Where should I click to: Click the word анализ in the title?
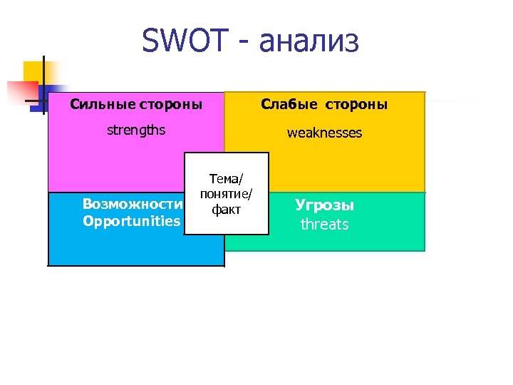[x=309, y=41]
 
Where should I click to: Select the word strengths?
[x=135, y=130]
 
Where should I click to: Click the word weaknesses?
[x=324, y=133]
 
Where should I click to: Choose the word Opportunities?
[x=132, y=221]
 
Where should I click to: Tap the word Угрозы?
[x=324, y=205]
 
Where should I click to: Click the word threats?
[x=324, y=224]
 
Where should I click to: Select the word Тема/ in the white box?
[x=227, y=180]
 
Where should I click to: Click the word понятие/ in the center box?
[x=227, y=195]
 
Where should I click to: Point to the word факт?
[x=227, y=210]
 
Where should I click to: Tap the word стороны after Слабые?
[x=358, y=104]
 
